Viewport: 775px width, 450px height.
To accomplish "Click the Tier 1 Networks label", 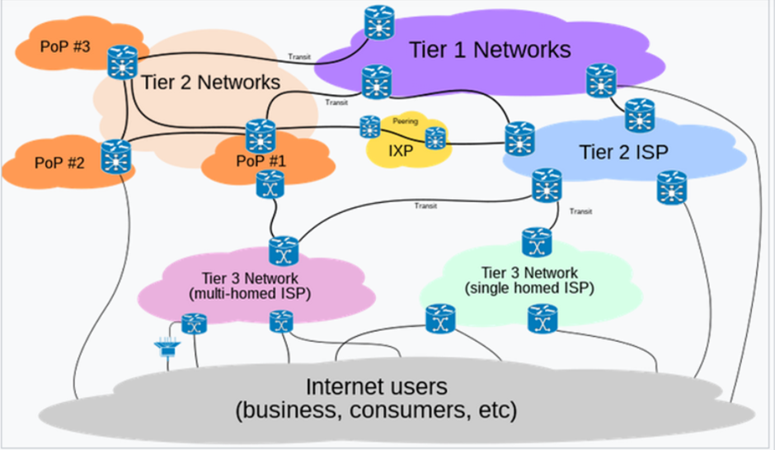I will pyautogui.click(x=490, y=50).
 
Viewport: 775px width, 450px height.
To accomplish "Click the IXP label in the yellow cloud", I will pyautogui.click(x=402, y=152).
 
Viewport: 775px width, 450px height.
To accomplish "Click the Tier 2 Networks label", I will pyautogui.click(x=211, y=83).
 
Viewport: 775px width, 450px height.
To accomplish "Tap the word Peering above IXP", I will pyautogui.click(x=405, y=121).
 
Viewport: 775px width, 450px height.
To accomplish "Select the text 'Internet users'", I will pyautogui.click(x=376, y=386).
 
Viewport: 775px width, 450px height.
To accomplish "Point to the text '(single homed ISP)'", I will pyautogui.click(x=530, y=288).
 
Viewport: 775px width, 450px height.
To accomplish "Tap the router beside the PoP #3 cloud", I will pyautogui.click(x=124, y=62).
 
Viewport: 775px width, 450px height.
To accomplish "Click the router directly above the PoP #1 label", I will pyautogui.click(x=261, y=135).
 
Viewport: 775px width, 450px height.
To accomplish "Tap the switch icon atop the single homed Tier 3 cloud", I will pyautogui.click(x=537, y=244).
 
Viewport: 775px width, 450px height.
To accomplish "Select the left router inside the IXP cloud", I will pyautogui.click(x=369, y=126).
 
